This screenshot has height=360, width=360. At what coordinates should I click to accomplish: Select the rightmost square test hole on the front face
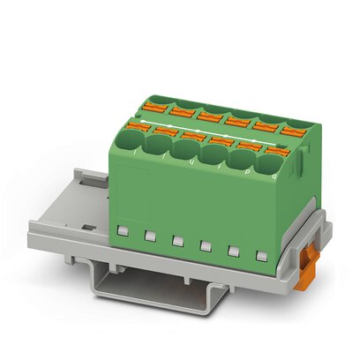tap(260, 256)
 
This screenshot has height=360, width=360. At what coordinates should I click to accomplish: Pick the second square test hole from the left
tap(150, 236)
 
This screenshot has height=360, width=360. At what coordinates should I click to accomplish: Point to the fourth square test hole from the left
tap(205, 246)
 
